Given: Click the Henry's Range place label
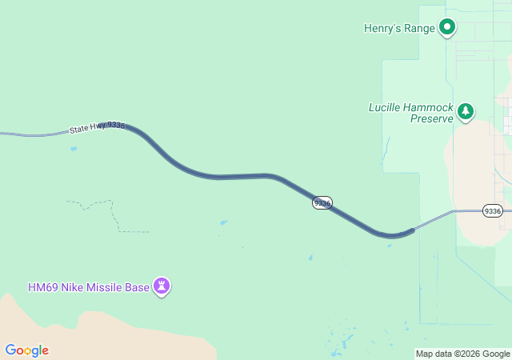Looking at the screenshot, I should point(399,29).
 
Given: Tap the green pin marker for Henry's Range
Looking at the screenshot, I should point(447,27).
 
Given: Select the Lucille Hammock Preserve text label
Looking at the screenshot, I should point(410,113).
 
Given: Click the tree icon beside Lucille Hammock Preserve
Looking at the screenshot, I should point(466,111).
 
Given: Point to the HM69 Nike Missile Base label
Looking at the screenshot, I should point(88,287).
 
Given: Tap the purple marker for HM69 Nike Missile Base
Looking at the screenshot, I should point(162,286).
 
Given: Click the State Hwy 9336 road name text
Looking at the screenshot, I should point(97,126).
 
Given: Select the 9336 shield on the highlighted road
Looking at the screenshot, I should point(322,203).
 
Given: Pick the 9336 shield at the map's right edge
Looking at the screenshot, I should point(493,211).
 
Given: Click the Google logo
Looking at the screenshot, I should point(26,350).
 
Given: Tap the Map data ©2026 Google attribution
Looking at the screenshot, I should point(462,354).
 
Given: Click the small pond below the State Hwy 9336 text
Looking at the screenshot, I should point(74,148).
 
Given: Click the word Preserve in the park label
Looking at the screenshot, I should point(432,118).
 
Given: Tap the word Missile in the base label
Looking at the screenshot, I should point(103,287).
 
